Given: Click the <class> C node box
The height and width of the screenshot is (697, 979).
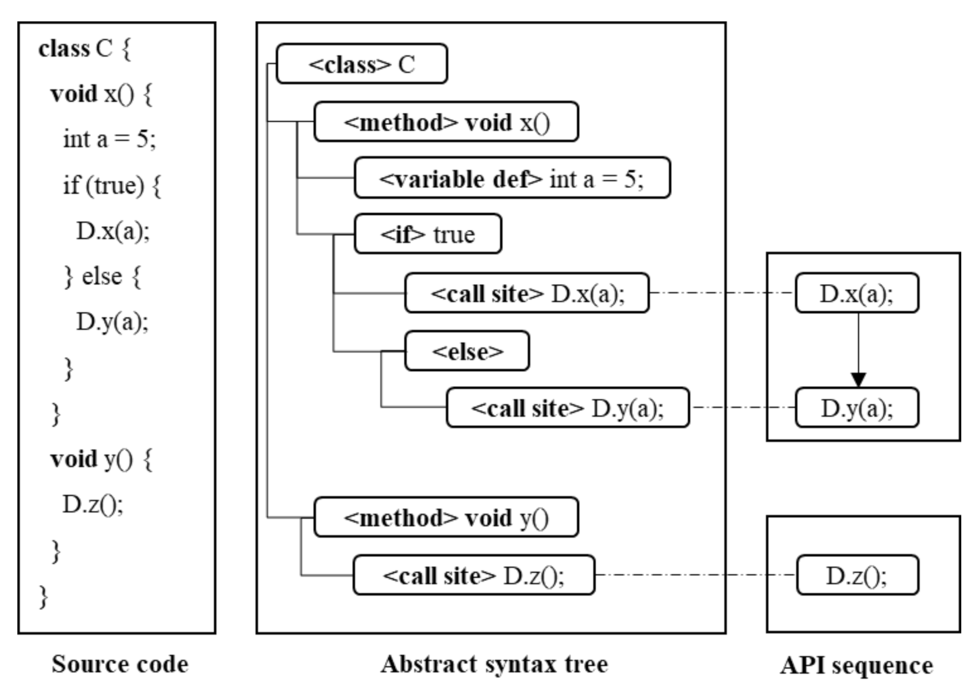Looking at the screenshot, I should pos(361,64).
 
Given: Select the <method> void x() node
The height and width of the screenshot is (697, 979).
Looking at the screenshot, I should pos(446,122).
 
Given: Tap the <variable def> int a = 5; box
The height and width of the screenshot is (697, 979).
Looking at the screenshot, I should pos(512,178).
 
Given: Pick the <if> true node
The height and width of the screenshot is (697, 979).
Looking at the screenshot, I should pos(427,234).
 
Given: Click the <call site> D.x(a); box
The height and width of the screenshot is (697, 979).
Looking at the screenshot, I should pos(527,293).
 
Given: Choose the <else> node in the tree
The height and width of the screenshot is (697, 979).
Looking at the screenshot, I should pos(466,351).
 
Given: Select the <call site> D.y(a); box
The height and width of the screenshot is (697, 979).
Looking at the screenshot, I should pos(567,408).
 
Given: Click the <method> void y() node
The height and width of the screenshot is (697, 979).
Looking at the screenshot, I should pos(446,517).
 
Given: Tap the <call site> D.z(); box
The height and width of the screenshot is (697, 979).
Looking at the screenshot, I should pos(473,575).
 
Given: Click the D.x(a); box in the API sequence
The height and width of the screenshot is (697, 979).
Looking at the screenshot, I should pos(857,293).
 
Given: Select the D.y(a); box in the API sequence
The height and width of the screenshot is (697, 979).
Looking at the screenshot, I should pos(857,408).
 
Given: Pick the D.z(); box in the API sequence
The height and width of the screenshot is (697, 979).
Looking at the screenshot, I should pos(857,575).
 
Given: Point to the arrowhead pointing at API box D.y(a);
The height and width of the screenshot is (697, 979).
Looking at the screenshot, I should pos(858,380).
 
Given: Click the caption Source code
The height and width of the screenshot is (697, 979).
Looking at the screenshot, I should pos(120,664).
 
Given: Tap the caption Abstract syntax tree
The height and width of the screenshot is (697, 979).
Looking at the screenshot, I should pos(494,664).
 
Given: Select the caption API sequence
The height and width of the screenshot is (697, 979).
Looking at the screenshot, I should pos(856,665).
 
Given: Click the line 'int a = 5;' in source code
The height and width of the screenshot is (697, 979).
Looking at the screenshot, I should pos(109,139).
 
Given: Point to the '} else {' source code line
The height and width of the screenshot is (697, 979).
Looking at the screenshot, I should pos(102,276).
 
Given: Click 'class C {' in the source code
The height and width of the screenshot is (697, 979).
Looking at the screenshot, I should pos(85,49).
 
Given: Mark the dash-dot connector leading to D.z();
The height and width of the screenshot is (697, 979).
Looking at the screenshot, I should pos(696,575).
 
